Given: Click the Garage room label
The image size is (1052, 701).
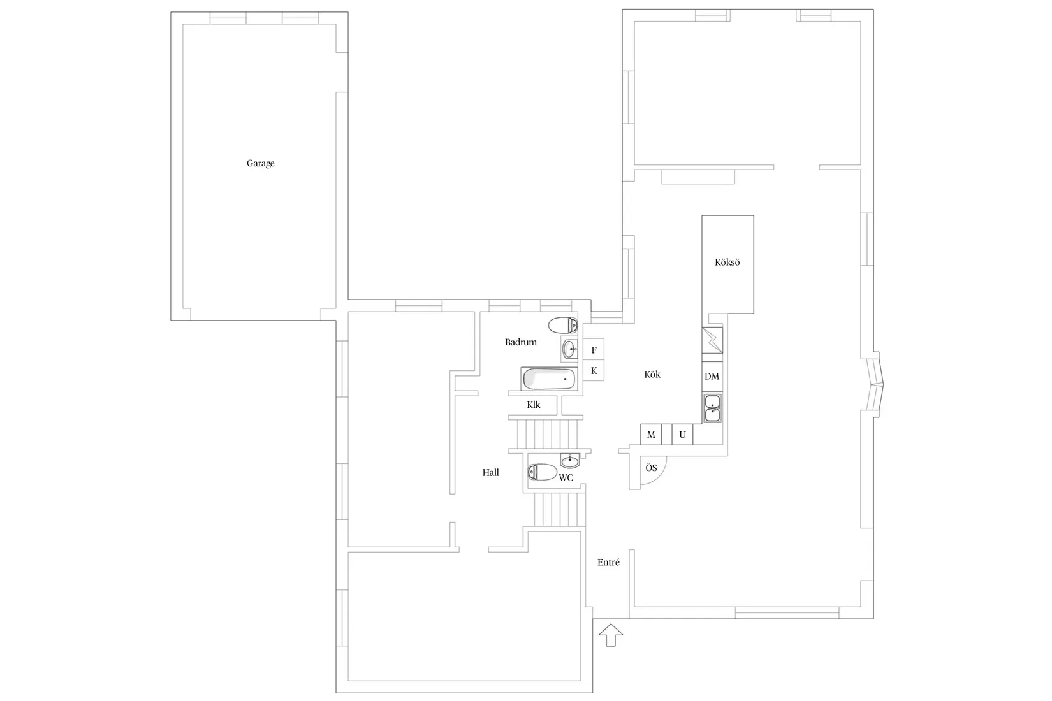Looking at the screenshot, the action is pyautogui.click(x=260, y=163).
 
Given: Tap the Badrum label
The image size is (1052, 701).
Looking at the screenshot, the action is pyautogui.click(x=520, y=342).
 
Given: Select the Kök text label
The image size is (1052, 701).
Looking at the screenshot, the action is pyautogui.click(x=652, y=375).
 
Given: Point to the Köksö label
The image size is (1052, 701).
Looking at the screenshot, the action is pyautogui.click(x=727, y=263).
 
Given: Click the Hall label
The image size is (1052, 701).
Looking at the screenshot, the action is pyautogui.click(x=490, y=473).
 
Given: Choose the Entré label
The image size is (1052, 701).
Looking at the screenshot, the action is pyautogui.click(x=608, y=563).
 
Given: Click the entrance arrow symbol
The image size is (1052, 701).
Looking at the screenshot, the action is pyautogui.click(x=611, y=635).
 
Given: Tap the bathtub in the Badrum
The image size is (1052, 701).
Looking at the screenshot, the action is pyautogui.click(x=548, y=379).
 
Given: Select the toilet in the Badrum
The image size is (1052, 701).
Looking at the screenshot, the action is pyautogui.click(x=562, y=325).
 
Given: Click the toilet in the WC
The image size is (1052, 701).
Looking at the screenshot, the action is pyautogui.click(x=543, y=472).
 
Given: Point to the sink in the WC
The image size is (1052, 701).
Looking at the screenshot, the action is pyautogui.click(x=570, y=461).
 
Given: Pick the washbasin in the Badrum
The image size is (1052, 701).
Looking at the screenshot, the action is pyautogui.click(x=569, y=349).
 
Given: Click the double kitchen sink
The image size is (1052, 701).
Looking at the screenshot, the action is pyautogui.click(x=712, y=408).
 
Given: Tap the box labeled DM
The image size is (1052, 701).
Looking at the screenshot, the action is pyautogui.click(x=712, y=377).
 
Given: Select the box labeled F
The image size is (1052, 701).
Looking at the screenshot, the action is pyautogui.click(x=594, y=350).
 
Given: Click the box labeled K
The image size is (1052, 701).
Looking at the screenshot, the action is pyautogui.click(x=594, y=371).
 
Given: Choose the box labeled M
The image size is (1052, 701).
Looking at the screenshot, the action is pyautogui.click(x=651, y=435).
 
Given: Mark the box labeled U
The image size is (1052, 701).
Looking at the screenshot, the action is pyautogui.click(x=682, y=435).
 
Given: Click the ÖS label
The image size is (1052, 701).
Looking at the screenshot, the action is pyautogui.click(x=651, y=468).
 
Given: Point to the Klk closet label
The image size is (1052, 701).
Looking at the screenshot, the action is pyautogui.click(x=534, y=405).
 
